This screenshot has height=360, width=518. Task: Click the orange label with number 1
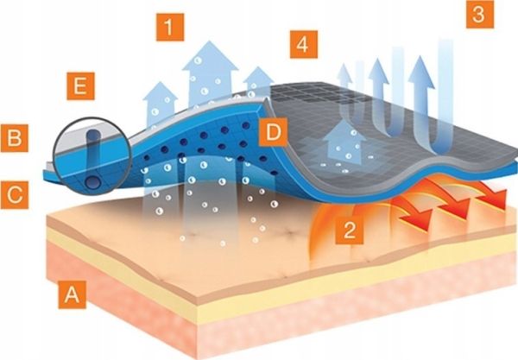click(170, 27)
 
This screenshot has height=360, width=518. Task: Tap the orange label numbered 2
click(350, 230)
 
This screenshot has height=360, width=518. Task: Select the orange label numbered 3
click(480, 15)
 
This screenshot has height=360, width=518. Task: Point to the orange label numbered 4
click(304, 44)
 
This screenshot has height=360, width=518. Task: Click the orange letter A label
click(72, 295)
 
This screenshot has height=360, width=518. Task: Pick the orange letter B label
click(14, 138)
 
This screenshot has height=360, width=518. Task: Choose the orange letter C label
click(14, 195)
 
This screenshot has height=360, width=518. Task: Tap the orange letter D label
click(273, 132)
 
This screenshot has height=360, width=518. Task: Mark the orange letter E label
click(80, 85)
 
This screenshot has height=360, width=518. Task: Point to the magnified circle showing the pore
click(93, 155)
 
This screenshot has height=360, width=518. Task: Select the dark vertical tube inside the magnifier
click(93, 160)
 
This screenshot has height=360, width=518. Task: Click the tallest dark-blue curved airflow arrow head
click(421, 72)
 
